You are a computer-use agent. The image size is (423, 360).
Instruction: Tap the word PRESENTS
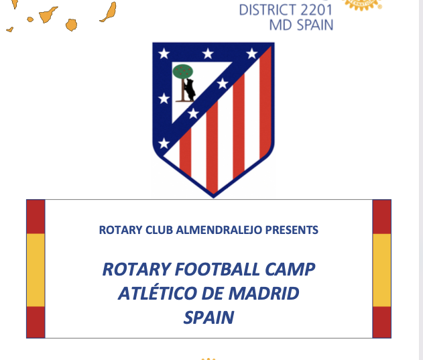click(292, 230)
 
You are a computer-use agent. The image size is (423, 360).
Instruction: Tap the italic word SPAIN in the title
click(208, 316)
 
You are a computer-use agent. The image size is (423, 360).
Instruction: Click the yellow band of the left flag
click(36, 269)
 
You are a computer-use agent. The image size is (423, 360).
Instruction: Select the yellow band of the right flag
click(381, 269)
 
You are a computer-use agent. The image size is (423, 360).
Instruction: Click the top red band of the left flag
click(36, 217)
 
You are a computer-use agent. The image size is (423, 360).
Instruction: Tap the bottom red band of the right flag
click(381, 321)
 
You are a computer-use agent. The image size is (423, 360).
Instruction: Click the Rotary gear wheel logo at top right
click(362, 3)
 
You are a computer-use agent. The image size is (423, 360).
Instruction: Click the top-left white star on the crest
click(163, 53)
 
